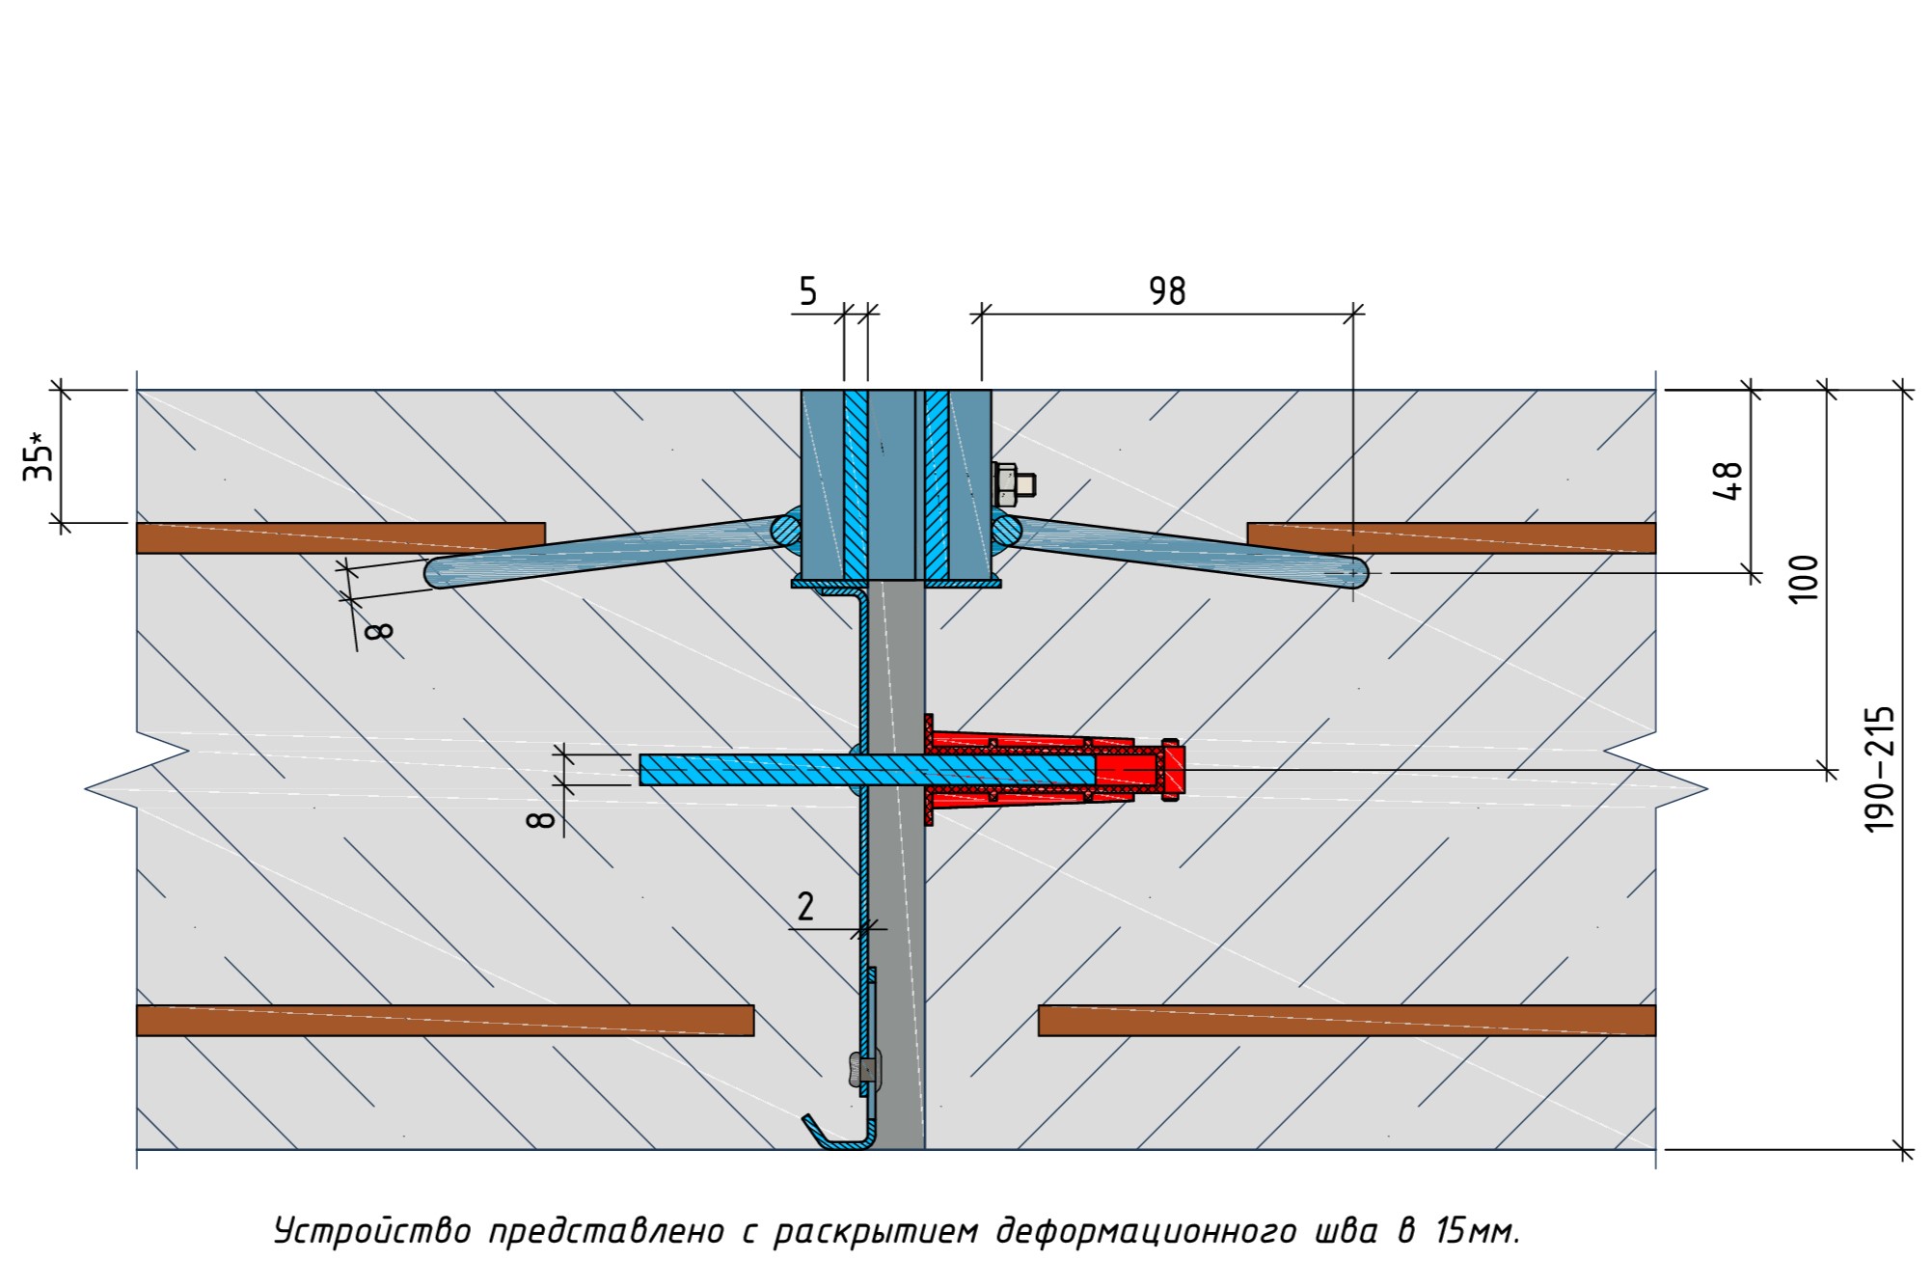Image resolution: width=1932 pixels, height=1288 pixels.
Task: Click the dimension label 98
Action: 1166,290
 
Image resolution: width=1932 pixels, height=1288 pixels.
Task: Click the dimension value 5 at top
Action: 807,290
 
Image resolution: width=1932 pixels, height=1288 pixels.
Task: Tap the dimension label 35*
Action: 39,457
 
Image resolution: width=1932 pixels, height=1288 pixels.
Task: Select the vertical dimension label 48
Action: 1728,480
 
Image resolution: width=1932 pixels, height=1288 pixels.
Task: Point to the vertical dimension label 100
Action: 1803,579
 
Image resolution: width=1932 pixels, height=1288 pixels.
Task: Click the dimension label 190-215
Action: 1879,770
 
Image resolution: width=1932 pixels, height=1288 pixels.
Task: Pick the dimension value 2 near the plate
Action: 805,906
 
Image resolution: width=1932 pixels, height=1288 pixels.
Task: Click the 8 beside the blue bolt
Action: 541,819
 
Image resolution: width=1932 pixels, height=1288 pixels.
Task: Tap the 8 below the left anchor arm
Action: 379,631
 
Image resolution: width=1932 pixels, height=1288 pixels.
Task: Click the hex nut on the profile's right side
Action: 1007,484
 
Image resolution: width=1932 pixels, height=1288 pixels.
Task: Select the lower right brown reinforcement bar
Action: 1346,1020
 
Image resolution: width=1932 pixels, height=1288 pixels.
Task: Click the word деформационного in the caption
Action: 1146,1232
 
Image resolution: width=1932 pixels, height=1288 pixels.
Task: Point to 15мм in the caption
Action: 1477,1232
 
